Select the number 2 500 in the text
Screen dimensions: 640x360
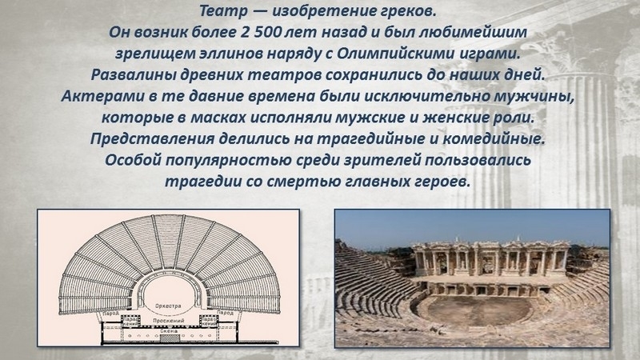(x=262, y=32)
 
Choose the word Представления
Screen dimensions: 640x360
(x=152, y=138)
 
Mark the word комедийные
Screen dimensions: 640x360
(x=494, y=138)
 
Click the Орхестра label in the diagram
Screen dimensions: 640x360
(x=168, y=306)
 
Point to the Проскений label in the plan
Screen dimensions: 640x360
(x=168, y=322)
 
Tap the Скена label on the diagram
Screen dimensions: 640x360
(x=169, y=331)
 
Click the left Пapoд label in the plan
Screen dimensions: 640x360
(x=110, y=314)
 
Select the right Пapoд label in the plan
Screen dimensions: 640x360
(x=226, y=314)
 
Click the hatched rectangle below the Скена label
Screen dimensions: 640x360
(x=169, y=338)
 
